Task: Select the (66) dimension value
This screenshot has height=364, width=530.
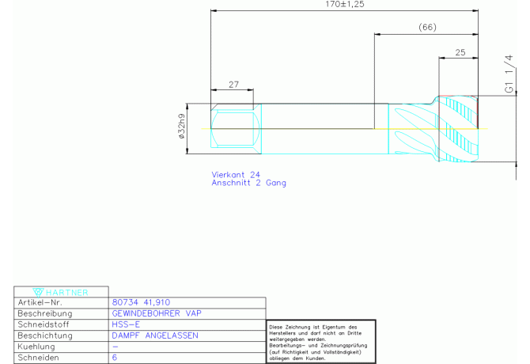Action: [x=427, y=28]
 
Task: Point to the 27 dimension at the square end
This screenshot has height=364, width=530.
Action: [x=233, y=84]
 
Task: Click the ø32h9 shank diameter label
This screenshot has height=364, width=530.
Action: [x=182, y=125]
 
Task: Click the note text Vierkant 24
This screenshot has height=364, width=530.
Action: [x=236, y=174]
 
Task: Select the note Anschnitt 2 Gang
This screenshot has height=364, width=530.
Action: [x=249, y=183]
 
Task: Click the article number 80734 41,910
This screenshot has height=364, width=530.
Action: [x=142, y=302]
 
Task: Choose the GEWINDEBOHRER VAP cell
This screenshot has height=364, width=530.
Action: [x=157, y=313]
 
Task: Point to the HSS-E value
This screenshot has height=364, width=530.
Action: [x=127, y=324]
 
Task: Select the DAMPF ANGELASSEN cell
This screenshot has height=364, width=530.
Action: [x=155, y=336]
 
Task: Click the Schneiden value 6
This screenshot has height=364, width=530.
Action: [x=115, y=358]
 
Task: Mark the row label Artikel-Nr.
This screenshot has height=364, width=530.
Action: [x=40, y=302]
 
